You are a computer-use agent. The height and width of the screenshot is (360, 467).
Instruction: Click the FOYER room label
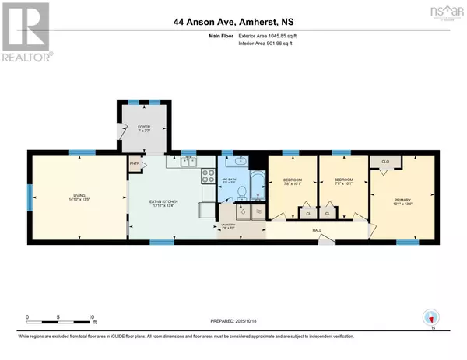(142, 124)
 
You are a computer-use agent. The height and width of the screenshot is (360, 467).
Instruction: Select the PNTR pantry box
(136, 165)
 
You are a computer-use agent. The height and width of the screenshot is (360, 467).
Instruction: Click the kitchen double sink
(188, 161)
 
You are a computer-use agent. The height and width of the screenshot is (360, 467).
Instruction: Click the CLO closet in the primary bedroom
(384, 162)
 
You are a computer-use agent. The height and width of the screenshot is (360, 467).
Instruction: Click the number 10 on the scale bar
(92, 317)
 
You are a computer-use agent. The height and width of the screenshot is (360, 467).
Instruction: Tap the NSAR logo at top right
(441, 13)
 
